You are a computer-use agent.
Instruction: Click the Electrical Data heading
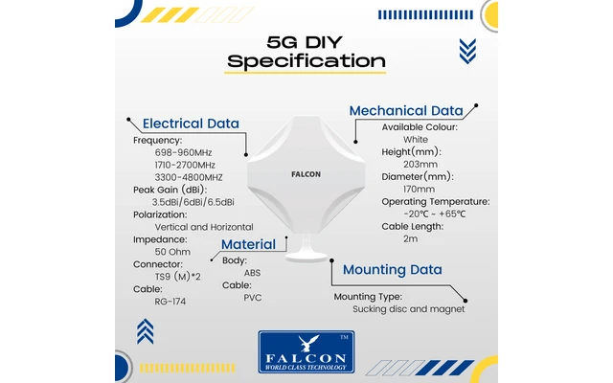191,123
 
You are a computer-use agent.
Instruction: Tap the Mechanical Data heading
406,110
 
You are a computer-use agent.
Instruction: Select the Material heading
248,244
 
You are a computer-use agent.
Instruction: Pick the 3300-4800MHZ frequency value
189,177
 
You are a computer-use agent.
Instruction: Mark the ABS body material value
252,273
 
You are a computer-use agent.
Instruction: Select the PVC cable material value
252,298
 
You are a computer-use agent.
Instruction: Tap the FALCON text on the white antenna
306,174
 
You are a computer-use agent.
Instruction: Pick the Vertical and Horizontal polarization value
204,227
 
